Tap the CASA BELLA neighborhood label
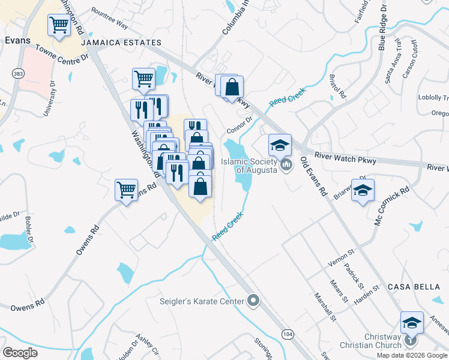tap(414, 287)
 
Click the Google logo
tap(20, 353)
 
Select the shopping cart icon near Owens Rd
tap(126, 190)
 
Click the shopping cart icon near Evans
tap(59, 26)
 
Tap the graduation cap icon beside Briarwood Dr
tap(363, 191)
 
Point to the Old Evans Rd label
tap(313, 177)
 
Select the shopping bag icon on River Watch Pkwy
tap(232, 88)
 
